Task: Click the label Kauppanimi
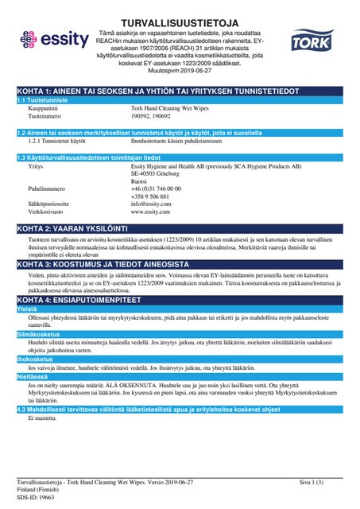coord(42,108)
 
